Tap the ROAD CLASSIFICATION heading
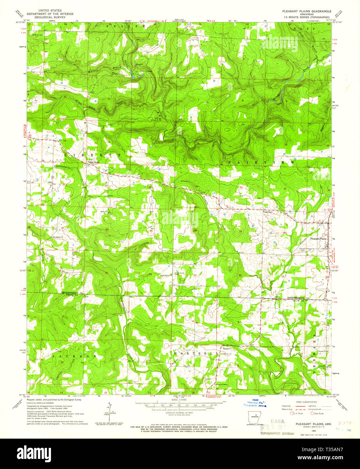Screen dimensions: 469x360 tap(306, 402)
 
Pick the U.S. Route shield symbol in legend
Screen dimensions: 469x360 tap(292, 413)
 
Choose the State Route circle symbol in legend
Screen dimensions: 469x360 tap(312, 413)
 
